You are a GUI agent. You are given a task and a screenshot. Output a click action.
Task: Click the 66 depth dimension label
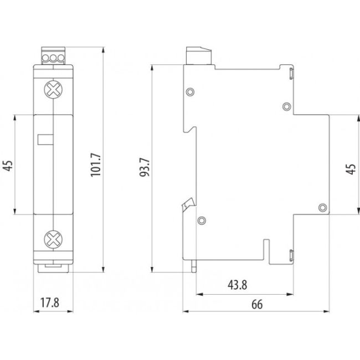click(256, 305)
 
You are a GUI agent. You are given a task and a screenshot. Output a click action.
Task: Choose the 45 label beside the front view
click(7, 164)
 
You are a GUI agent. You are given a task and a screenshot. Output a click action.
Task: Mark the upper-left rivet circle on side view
click(191, 91)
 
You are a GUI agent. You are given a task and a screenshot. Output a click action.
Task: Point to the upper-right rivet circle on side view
click(287, 106)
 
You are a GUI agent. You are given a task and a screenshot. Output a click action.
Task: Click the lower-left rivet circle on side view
click(201, 220)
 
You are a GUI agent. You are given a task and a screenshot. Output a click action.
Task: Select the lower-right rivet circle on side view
click(322, 207)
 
